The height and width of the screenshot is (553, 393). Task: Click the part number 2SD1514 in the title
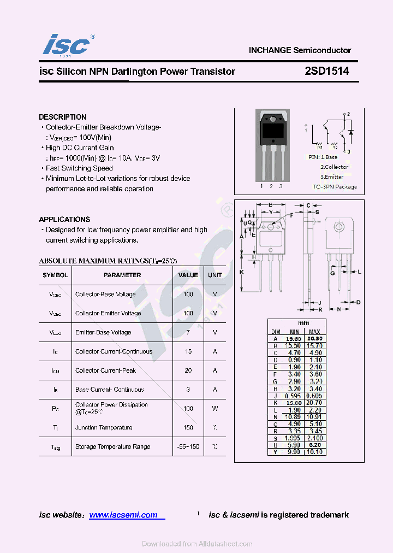(327, 71)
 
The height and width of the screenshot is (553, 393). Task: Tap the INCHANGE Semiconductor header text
(300, 50)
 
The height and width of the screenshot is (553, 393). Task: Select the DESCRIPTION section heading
(62, 117)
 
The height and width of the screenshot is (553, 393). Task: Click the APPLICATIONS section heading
(64, 219)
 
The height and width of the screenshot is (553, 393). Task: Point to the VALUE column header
(188, 275)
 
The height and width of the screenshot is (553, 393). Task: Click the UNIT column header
(215, 275)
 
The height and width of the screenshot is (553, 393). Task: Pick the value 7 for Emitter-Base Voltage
(188, 332)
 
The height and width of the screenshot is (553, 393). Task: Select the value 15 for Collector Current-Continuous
(188, 351)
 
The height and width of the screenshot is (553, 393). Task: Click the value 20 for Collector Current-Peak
(188, 370)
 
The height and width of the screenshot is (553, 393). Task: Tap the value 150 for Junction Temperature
(188, 427)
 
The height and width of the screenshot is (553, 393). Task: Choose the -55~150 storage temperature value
(188, 446)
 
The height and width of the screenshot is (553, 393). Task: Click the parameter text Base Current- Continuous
(110, 390)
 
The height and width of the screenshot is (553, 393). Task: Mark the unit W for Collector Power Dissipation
(215, 408)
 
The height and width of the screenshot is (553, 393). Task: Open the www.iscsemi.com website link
(123, 515)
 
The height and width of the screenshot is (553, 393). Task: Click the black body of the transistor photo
(271, 131)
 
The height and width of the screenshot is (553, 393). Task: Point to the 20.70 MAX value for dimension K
(314, 402)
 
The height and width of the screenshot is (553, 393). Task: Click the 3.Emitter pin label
(332, 177)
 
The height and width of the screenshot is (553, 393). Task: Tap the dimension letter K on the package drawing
(242, 272)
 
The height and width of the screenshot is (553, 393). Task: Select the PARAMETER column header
(122, 275)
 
